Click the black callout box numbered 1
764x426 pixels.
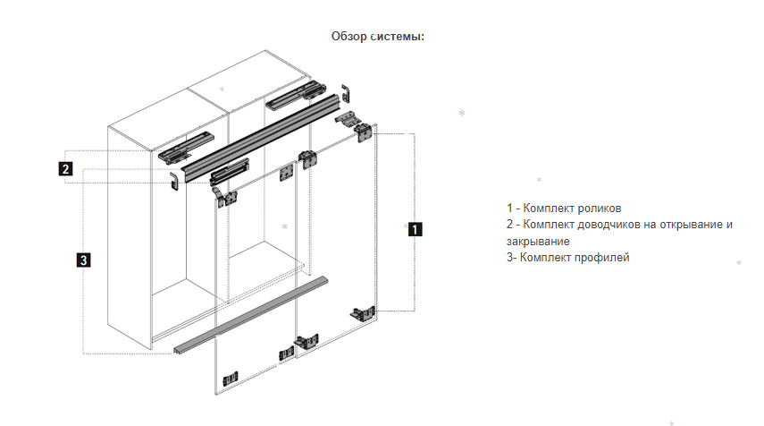tap(415, 229)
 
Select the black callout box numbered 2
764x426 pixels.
tap(65, 169)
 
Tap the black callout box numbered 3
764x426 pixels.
tap(84, 260)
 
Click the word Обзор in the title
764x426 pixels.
tap(348, 36)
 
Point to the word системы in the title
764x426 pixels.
tap(398, 36)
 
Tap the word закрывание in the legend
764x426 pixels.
tap(538, 241)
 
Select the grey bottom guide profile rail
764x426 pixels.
tap(251, 315)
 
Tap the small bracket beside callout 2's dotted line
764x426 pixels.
tap(174, 181)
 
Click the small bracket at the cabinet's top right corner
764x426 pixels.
tap(346, 93)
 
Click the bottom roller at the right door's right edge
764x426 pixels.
tap(363, 313)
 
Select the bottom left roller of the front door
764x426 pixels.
tap(231, 379)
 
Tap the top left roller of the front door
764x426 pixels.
tap(225, 197)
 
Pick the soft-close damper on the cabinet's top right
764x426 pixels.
tap(295, 95)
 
